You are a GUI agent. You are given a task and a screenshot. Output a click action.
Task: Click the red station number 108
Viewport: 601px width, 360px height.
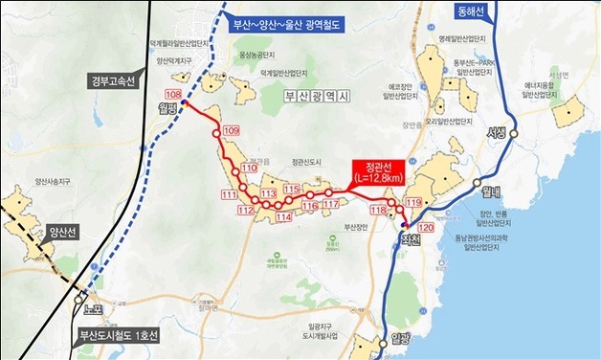[173, 94]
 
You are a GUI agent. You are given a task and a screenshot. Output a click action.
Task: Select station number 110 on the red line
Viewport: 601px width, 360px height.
[250, 169]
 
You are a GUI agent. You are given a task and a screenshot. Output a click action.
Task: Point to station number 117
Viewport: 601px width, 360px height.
[331, 205]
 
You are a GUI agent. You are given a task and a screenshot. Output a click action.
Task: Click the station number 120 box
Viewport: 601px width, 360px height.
[426, 230]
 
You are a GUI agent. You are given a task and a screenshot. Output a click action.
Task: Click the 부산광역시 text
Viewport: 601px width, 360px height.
[320, 97]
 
